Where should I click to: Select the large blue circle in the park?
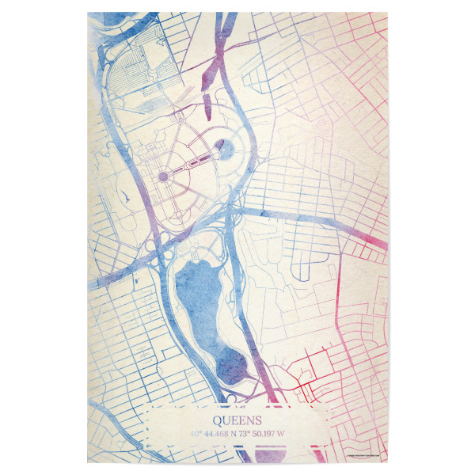pos(224,147)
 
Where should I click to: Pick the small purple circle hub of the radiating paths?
pos(164,176)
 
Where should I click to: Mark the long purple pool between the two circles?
pos(194,161)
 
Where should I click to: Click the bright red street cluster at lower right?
pos(313,380)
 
